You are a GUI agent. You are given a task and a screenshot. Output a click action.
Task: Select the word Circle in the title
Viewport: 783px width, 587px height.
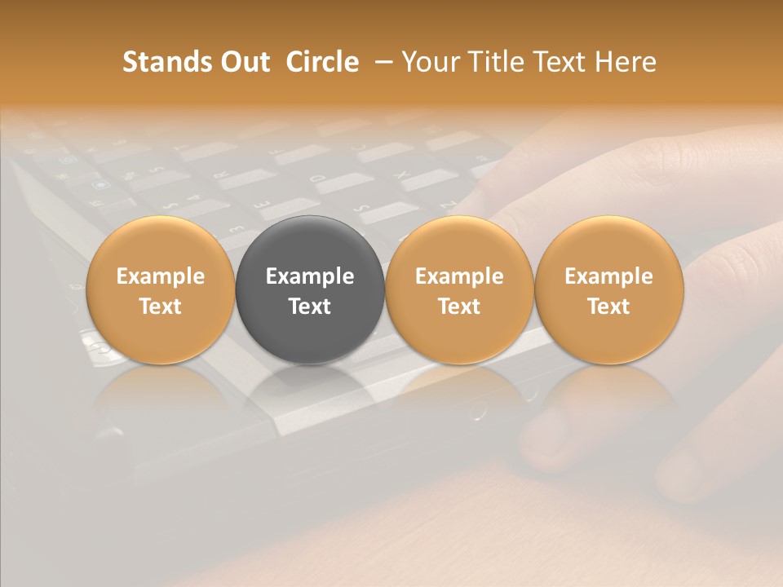point(322,62)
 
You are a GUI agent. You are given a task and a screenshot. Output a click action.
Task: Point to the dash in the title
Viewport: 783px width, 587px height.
point(384,62)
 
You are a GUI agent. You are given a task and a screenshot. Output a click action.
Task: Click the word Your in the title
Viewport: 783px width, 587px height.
point(432,62)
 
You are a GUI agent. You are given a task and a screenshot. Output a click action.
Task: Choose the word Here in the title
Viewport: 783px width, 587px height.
point(625,62)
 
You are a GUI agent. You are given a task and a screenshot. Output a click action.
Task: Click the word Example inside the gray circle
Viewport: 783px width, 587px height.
point(310,276)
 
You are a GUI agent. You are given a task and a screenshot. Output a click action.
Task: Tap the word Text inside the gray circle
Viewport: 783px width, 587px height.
point(310,307)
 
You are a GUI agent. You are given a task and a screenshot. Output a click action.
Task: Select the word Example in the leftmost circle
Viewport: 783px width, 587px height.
point(160,276)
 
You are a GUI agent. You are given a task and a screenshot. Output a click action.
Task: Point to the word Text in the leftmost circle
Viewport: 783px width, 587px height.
point(160,307)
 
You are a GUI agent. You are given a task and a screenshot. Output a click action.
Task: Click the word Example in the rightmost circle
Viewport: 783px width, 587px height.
point(608,276)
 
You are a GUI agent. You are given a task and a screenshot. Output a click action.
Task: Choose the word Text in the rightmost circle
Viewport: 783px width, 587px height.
point(608,307)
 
